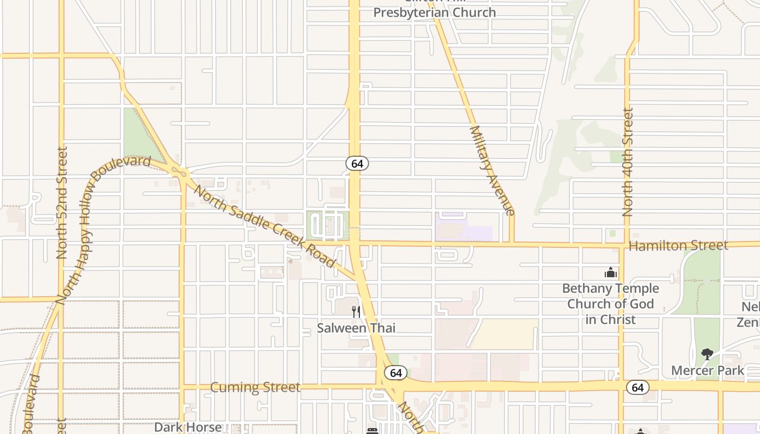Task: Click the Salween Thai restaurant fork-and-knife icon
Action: (356, 311)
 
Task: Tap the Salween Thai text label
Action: (356, 328)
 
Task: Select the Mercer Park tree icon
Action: (707, 355)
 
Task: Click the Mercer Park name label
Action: (708, 371)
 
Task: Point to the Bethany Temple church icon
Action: (611, 272)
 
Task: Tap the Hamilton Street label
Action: (678, 246)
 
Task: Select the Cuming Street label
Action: (255, 387)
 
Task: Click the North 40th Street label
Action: (628, 162)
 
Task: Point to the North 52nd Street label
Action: (62, 202)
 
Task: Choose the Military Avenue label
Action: (491, 171)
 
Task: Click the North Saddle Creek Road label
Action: (264, 226)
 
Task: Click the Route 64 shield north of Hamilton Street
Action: (357, 163)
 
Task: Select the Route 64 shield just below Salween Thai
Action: (396, 373)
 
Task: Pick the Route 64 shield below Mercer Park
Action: (637, 387)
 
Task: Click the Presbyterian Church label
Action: (434, 12)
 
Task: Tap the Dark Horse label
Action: (188, 427)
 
